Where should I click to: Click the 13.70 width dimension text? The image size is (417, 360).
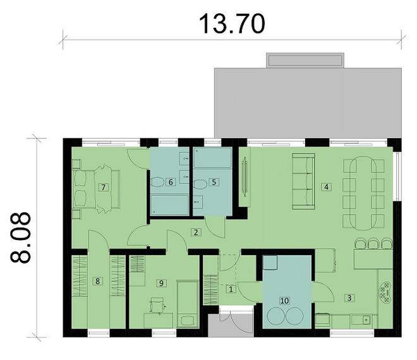pyautogui.click(x=232, y=23)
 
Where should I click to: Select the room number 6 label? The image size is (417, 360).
pyautogui.click(x=171, y=183)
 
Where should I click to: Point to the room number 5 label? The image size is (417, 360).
pyautogui.click(x=214, y=182)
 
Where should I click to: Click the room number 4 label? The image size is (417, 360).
pyautogui.click(x=326, y=187)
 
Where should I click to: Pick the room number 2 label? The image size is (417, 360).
pyautogui.click(x=196, y=233)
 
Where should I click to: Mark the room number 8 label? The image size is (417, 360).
pyautogui.click(x=97, y=282)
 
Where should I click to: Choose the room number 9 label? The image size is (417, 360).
pyautogui.click(x=162, y=283)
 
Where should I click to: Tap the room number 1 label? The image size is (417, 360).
pyautogui.click(x=230, y=289)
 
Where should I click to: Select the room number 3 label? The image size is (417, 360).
pyautogui.click(x=347, y=296)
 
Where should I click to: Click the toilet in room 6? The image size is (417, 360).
pyautogui.click(x=157, y=182)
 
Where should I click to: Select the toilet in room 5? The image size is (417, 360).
pyautogui.click(x=200, y=183)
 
